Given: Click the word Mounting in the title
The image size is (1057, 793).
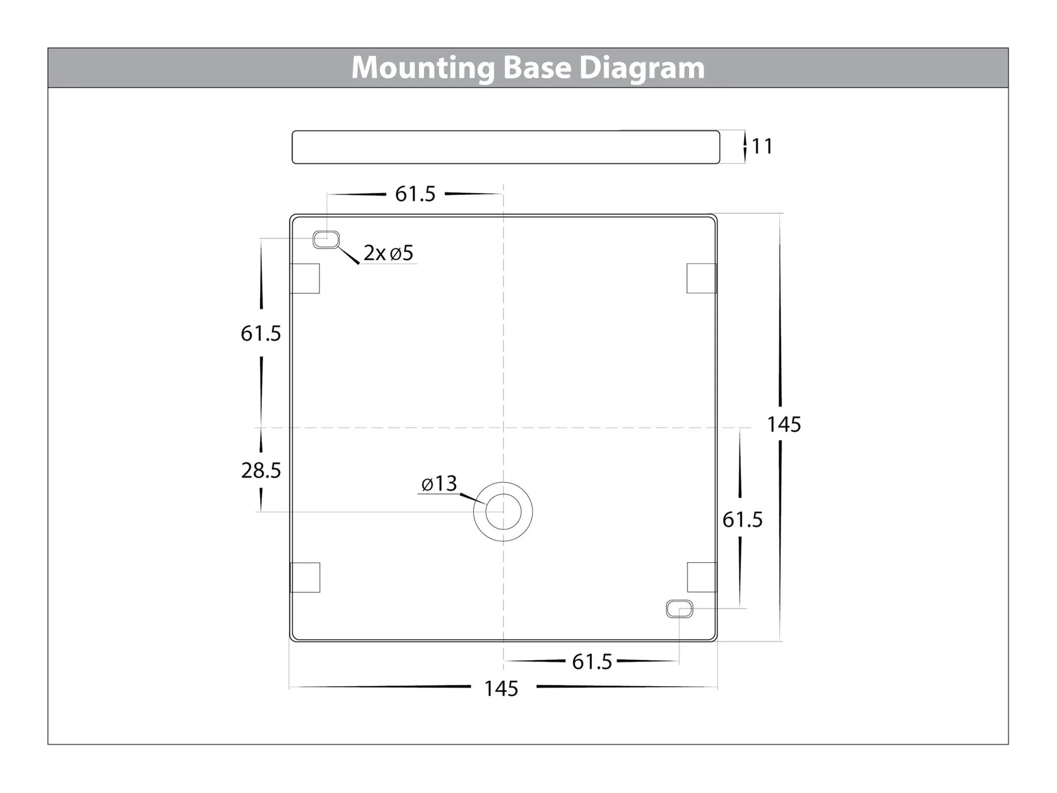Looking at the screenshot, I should (x=423, y=68).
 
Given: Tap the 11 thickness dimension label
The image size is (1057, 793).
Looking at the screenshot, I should (x=762, y=146).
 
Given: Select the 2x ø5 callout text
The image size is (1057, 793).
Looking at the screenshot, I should (x=388, y=253).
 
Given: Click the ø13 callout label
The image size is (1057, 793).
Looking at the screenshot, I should (x=439, y=483).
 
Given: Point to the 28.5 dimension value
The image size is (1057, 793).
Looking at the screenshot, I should (x=261, y=471).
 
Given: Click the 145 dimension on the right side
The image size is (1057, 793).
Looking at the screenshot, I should (x=784, y=424).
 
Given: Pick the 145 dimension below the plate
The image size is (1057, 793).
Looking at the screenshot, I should (x=501, y=688).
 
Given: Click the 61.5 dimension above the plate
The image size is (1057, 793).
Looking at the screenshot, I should (x=415, y=194).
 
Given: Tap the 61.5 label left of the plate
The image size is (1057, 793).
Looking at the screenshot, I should (x=261, y=334).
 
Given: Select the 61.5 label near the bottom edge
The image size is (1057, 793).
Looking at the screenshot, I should (x=592, y=662).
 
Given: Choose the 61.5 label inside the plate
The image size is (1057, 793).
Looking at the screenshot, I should (x=742, y=520).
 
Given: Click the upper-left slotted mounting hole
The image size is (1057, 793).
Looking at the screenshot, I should (x=326, y=240).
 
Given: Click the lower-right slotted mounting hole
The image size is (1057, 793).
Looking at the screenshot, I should (x=679, y=609).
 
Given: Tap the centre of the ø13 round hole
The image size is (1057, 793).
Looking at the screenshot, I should (x=503, y=512).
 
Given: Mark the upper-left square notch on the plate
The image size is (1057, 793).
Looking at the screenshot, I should (x=305, y=278).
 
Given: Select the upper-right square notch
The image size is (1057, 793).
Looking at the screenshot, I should (x=702, y=278).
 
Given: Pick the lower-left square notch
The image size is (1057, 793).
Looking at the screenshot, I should (x=305, y=577).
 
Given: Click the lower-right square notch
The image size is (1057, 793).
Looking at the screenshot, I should (x=702, y=577).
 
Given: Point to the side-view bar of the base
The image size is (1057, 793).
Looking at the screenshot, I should (x=506, y=147).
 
